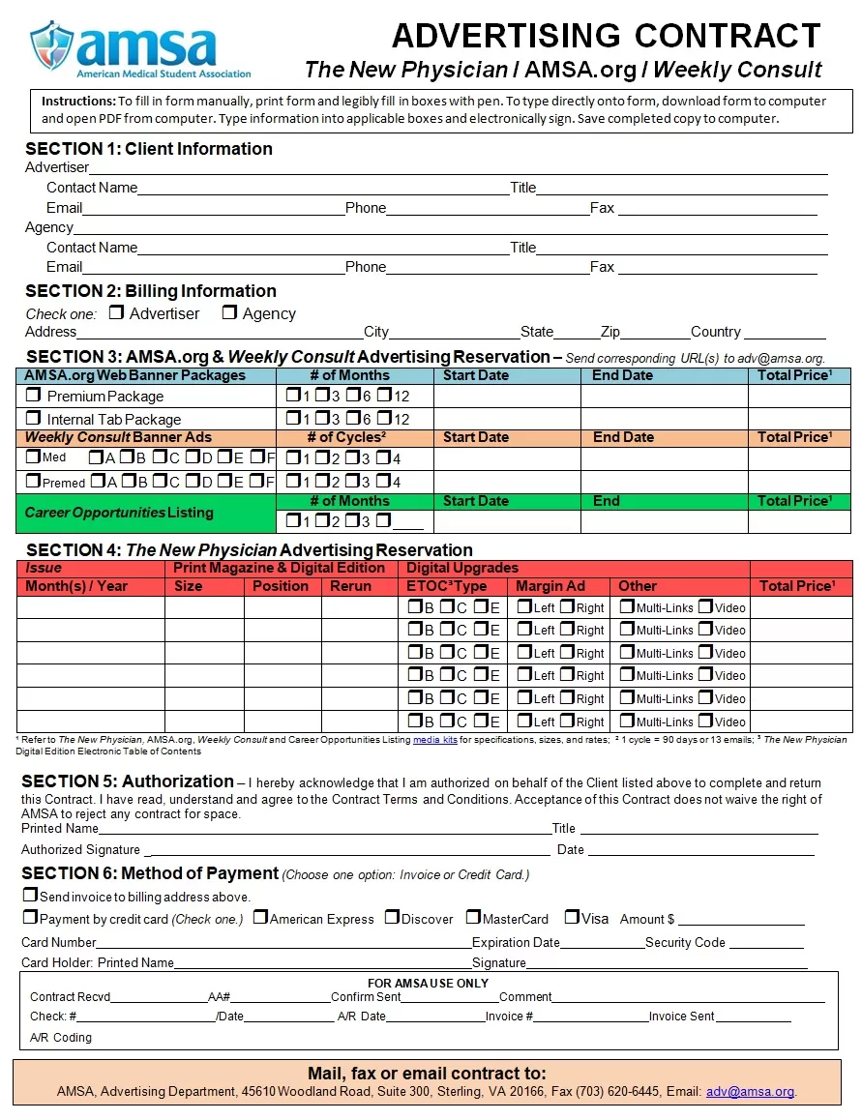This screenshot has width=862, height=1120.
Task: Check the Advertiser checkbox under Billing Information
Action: coord(117,312)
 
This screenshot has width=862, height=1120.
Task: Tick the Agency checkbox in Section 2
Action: coord(229,312)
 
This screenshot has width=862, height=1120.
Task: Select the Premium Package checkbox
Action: coord(34,396)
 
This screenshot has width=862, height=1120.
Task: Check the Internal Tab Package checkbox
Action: coord(34,419)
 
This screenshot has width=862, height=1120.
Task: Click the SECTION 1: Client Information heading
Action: coord(149,149)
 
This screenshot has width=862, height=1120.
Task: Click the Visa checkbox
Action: coord(572,917)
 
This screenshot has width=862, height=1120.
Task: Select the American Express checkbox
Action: coord(260,917)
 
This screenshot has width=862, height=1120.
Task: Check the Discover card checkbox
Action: coord(392,917)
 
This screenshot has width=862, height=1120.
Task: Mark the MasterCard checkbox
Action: coord(473,917)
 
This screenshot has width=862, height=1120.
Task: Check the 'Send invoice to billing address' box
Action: coord(30,896)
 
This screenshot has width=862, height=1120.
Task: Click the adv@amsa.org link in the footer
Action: coord(750,1092)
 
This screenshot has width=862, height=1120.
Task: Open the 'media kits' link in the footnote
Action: coord(435,740)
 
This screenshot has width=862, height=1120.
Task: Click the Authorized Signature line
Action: coord(348,850)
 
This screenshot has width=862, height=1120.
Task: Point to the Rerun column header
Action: coord(350,586)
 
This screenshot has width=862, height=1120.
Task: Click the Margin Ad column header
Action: coord(550,586)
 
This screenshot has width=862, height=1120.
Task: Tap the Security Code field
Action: coord(766,942)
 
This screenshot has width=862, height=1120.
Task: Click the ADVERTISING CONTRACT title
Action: coord(606,36)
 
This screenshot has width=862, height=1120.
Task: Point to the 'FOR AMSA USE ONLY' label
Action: coord(429,983)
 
